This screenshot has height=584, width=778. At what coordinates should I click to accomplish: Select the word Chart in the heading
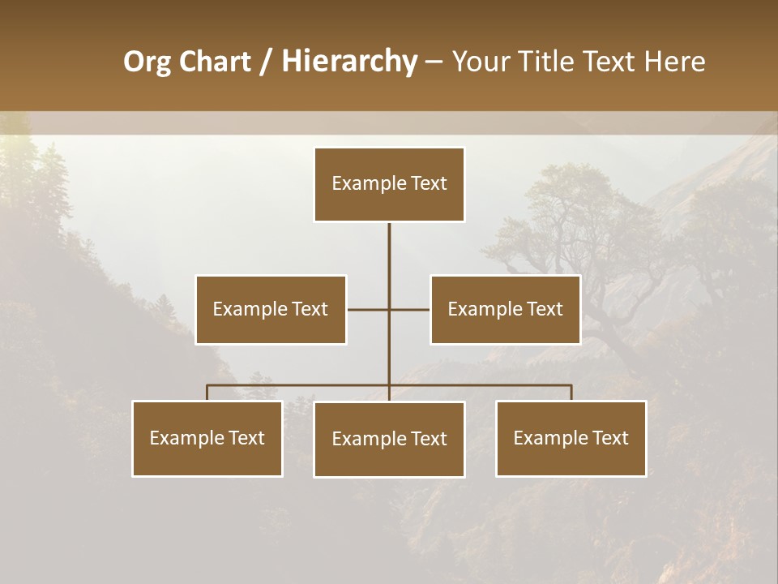(x=215, y=62)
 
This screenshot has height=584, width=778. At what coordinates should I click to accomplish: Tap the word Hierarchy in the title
(x=349, y=62)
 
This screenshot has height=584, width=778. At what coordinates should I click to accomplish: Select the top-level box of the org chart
(x=389, y=184)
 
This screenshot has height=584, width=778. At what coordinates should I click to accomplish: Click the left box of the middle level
(x=271, y=310)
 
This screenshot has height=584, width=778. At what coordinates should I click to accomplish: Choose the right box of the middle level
(x=506, y=310)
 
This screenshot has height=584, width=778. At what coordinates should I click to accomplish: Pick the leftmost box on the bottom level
(x=207, y=439)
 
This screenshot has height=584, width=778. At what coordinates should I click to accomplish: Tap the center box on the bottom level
(x=389, y=440)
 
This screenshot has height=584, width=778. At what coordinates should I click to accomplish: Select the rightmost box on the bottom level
(x=571, y=439)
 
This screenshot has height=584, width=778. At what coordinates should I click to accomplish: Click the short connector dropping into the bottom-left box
(x=207, y=393)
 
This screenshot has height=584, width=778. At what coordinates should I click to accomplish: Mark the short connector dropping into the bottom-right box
(x=571, y=393)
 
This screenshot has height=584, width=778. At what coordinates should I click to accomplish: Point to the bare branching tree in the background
(x=583, y=235)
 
